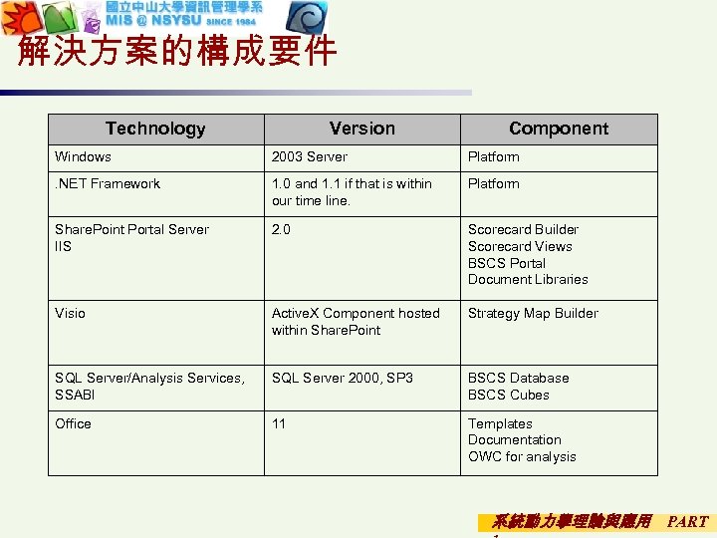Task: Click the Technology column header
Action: click(x=155, y=129)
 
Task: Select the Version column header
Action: click(x=361, y=129)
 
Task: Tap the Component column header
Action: click(x=558, y=129)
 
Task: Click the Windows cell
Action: click(x=84, y=157)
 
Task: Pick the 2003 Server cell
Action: click(x=310, y=157)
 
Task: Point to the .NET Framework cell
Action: click(x=108, y=184)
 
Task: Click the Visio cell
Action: click(x=71, y=314)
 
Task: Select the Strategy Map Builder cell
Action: click(x=533, y=314)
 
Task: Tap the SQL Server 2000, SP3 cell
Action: click(x=342, y=379)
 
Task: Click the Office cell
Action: click(x=74, y=424)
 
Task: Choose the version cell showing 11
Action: click(x=279, y=424)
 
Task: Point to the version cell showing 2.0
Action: click(x=281, y=230)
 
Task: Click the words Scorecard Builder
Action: click(x=523, y=230)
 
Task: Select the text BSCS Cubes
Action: click(x=508, y=396)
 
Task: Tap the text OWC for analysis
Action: click(x=522, y=457)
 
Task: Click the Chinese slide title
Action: click(x=177, y=51)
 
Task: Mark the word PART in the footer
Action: click(x=687, y=521)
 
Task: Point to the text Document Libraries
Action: click(x=528, y=280)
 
